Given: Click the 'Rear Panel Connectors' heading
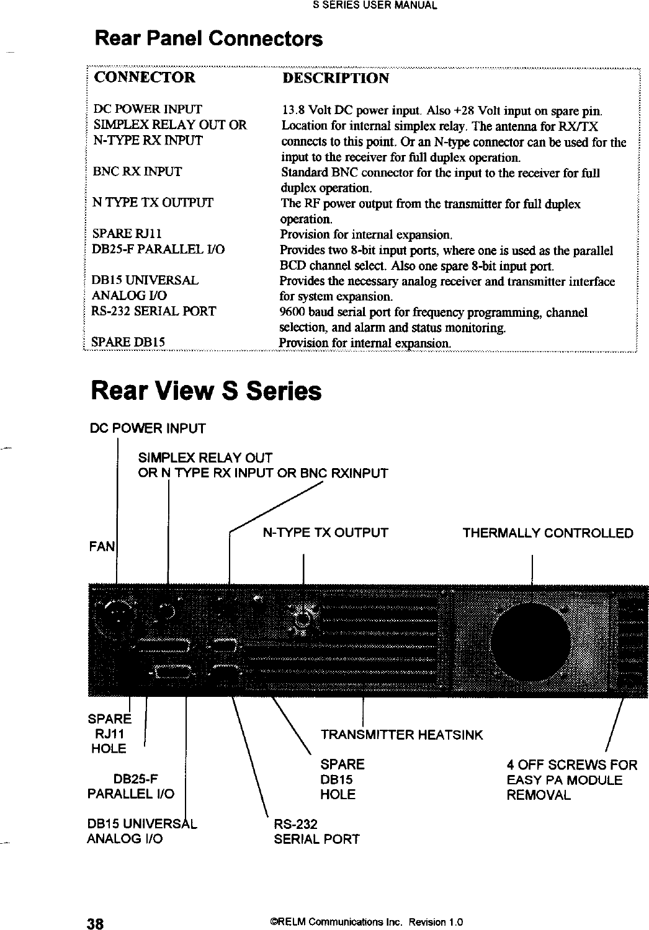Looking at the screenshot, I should point(208,40).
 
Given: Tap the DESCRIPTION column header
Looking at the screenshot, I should point(336,79).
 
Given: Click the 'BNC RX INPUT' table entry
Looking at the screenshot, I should point(137,172).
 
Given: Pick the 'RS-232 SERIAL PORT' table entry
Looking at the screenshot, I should point(153,311).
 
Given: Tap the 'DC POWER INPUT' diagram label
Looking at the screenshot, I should point(148,428).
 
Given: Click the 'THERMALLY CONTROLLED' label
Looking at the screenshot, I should point(548,533).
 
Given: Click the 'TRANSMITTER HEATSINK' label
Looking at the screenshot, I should point(401,735).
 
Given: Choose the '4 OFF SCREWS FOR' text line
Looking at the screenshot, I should point(572,764).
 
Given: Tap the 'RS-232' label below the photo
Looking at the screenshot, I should point(296,824).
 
